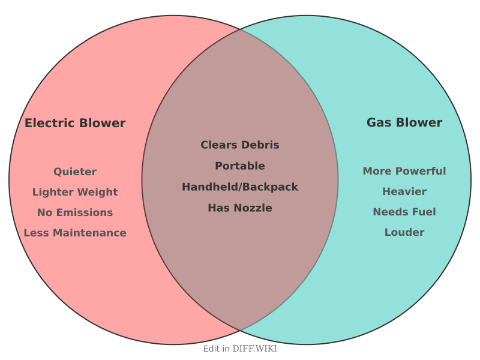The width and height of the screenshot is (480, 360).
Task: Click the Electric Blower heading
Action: pyautogui.click(x=75, y=124)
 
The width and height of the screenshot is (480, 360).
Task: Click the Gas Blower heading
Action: pyautogui.click(x=404, y=123)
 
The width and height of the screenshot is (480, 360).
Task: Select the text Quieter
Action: pyautogui.click(x=75, y=172)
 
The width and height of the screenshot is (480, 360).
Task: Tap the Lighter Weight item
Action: pyautogui.click(x=75, y=193)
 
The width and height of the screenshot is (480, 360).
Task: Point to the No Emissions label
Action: pyautogui.click(x=75, y=213)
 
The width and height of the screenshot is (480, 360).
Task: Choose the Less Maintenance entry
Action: pyautogui.click(x=75, y=233)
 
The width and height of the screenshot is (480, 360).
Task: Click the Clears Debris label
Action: pyautogui.click(x=240, y=145)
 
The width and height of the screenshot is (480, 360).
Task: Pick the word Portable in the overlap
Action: pyautogui.click(x=240, y=166)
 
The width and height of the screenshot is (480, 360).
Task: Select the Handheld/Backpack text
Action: pyautogui.click(x=240, y=187)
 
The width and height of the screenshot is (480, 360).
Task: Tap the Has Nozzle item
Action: pyautogui.click(x=240, y=208)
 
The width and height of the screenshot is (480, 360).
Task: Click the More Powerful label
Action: pyautogui.click(x=404, y=172)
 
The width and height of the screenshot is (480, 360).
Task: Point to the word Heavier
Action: pyautogui.click(x=404, y=192)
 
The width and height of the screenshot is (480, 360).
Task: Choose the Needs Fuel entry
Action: pyautogui.click(x=404, y=212)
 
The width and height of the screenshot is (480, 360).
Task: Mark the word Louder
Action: pyautogui.click(x=404, y=233)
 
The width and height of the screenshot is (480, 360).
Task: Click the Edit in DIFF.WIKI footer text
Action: pyautogui.click(x=240, y=349)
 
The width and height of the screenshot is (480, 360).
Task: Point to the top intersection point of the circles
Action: pyautogui.click(x=240, y=29)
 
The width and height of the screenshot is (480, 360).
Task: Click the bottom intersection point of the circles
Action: pyautogui.click(x=240, y=331)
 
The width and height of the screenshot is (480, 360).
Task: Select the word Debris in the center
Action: pyautogui.click(x=260, y=145)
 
